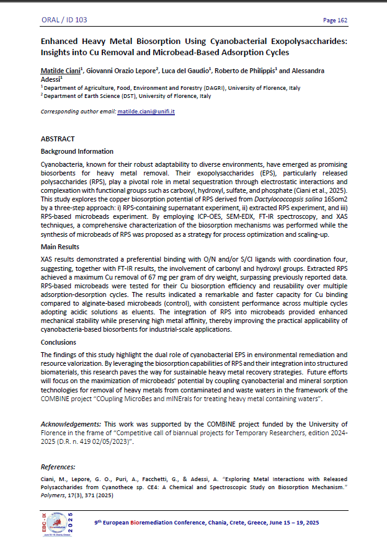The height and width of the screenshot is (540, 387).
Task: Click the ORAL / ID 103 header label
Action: (x=64, y=20)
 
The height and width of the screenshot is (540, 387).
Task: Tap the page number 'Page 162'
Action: (x=335, y=20)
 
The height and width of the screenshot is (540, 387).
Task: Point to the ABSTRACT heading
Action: (x=57, y=139)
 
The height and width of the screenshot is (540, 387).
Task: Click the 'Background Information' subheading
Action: (x=77, y=151)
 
